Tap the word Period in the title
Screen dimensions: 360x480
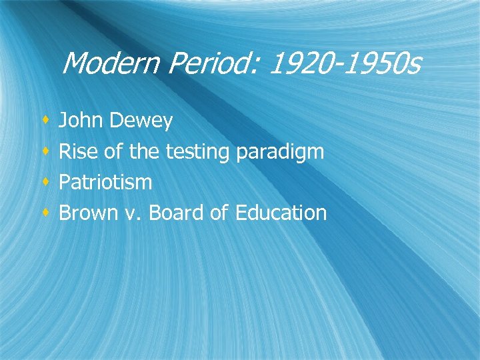click(x=197, y=63)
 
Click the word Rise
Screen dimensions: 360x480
click(x=78, y=151)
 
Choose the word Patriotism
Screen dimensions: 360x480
click(x=105, y=182)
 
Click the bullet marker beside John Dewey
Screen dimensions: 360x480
click(x=45, y=121)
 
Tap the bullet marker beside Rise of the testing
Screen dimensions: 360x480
click(x=45, y=152)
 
